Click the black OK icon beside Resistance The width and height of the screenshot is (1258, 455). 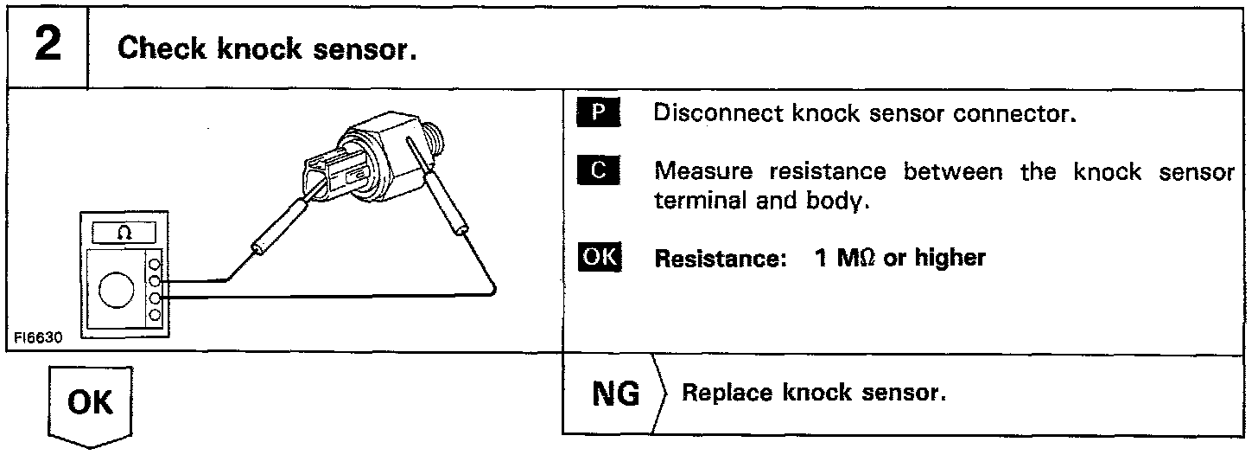point(598,257)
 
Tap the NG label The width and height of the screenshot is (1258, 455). point(616,394)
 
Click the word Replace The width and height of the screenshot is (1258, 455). point(727,394)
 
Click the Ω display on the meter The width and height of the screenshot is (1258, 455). point(119,234)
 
